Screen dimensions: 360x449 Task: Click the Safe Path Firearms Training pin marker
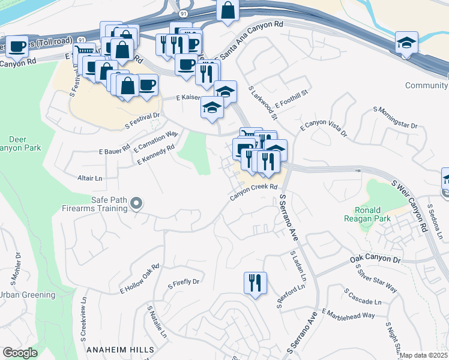coord(136,204)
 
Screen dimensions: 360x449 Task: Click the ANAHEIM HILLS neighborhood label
coord(120,349)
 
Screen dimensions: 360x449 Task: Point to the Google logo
coord(20,353)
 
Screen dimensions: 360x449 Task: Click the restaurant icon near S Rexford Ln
coord(255,283)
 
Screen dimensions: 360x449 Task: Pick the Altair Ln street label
coord(91,178)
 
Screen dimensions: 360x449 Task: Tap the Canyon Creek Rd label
coord(255,192)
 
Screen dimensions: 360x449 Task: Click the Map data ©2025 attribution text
coord(424,355)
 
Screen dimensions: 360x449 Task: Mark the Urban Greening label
coord(28,295)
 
